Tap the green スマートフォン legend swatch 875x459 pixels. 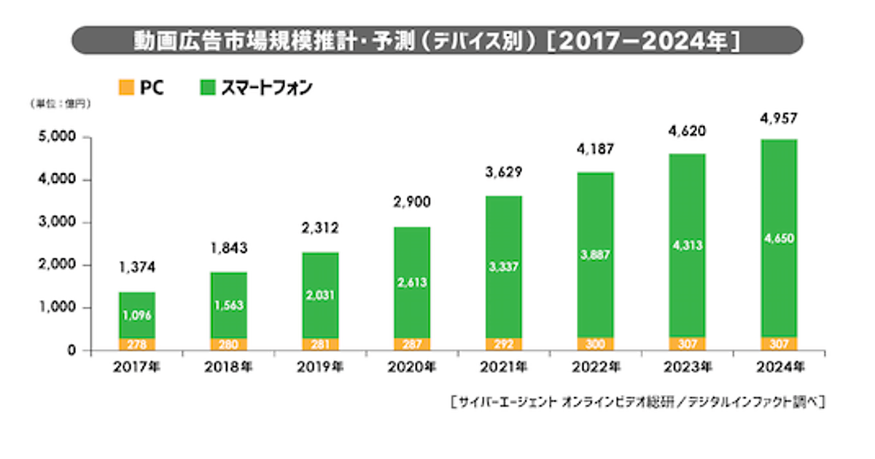[x=206, y=88]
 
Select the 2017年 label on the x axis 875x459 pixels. [x=137, y=366]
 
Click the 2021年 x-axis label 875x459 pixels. [x=503, y=366]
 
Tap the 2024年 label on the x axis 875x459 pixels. [x=778, y=366]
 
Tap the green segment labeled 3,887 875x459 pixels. [x=595, y=255]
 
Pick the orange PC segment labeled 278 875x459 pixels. [x=137, y=344]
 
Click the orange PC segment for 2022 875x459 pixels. [x=595, y=344]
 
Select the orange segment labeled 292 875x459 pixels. [x=503, y=344]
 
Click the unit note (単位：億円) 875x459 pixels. [x=61, y=104]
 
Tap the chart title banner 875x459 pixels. [x=437, y=40]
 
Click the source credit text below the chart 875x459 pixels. [x=637, y=401]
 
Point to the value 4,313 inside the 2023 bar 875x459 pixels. [x=687, y=246]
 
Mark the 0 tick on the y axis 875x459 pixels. [x=73, y=350]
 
